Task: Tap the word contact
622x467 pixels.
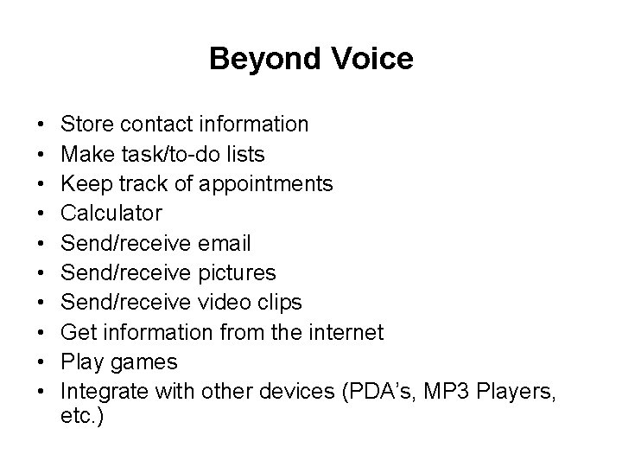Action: pos(152,125)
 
